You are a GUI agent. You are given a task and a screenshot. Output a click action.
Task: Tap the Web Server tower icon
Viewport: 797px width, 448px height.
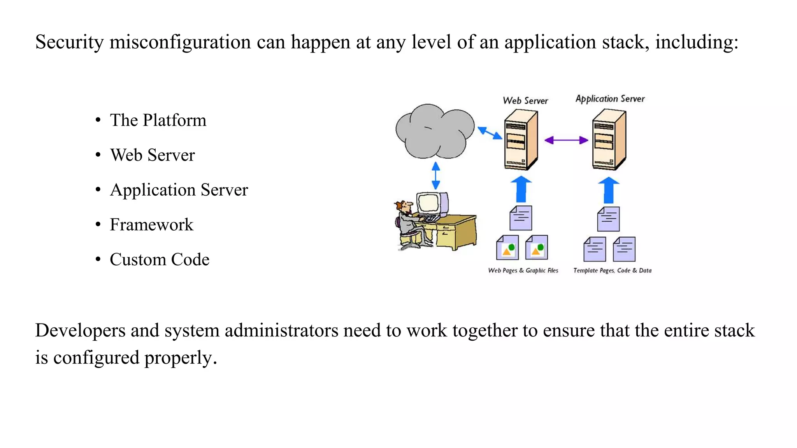(521, 140)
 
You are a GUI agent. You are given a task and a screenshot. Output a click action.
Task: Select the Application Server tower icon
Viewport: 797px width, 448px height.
(609, 140)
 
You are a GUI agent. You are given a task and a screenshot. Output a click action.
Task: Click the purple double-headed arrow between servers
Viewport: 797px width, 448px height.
(566, 140)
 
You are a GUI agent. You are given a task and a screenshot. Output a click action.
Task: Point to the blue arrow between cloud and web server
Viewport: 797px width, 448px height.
(490, 133)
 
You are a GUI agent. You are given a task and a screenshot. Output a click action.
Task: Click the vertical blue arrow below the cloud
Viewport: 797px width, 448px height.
(436, 176)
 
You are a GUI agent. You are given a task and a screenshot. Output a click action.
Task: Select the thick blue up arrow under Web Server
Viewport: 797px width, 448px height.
(521, 190)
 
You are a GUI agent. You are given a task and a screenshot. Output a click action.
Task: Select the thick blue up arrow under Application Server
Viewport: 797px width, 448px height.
(608, 191)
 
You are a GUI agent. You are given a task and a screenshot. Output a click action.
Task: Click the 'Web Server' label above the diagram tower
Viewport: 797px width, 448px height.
(525, 101)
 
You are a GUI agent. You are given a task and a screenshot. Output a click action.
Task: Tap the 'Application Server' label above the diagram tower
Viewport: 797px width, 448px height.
(610, 99)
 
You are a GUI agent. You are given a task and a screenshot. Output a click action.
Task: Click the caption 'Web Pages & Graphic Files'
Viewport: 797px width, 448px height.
(523, 270)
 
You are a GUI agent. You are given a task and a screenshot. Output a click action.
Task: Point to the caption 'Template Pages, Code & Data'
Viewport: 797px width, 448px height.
(612, 270)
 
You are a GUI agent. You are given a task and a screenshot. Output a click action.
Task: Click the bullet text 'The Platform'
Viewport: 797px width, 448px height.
(158, 120)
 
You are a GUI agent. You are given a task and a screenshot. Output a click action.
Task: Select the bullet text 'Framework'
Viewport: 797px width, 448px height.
(151, 225)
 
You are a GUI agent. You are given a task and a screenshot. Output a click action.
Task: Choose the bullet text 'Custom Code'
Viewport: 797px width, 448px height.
(159, 259)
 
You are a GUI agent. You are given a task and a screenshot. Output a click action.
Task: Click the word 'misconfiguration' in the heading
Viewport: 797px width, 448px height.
(180, 42)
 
